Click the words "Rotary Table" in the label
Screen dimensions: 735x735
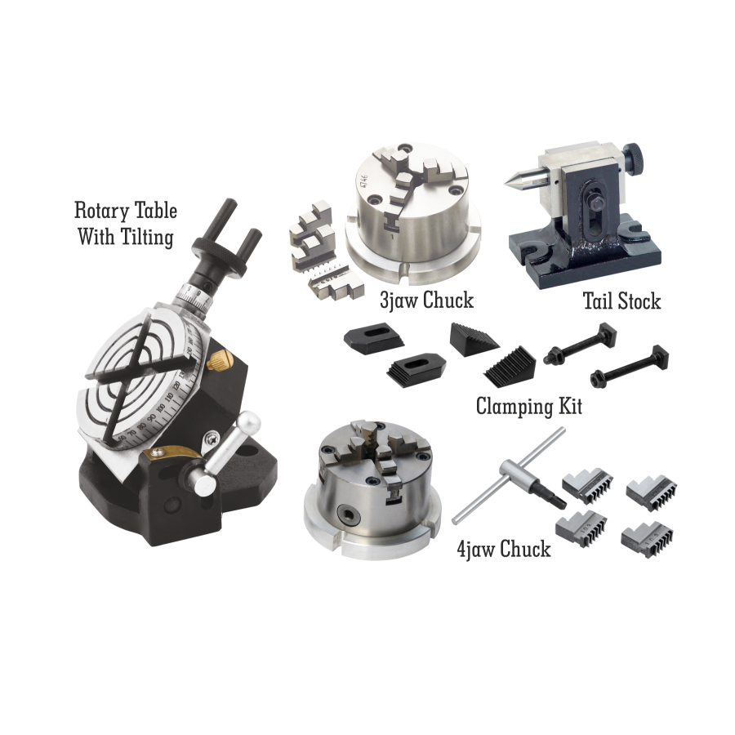tap(126, 211)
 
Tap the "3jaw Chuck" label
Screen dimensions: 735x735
tap(426, 301)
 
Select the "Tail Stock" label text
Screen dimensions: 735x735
tap(621, 301)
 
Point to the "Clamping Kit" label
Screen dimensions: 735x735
tap(528, 405)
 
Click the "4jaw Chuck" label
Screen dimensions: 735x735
tap(504, 549)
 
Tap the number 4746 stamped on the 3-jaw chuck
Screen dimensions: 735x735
tap(363, 182)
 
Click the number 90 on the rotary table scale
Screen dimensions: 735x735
tap(151, 418)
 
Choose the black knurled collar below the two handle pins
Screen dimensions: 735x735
tap(220, 256)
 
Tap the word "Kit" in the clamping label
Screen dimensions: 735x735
tap(570, 405)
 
